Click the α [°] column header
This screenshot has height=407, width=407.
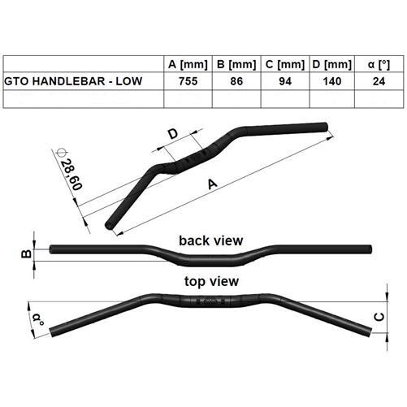(x=377, y=64)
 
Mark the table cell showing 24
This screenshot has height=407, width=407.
(x=377, y=81)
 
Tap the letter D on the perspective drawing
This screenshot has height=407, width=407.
(x=172, y=134)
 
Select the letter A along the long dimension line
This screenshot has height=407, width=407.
(x=213, y=184)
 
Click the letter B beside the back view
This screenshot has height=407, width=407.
(x=24, y=254)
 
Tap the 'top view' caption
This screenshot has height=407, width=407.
(x=211, y=282)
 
